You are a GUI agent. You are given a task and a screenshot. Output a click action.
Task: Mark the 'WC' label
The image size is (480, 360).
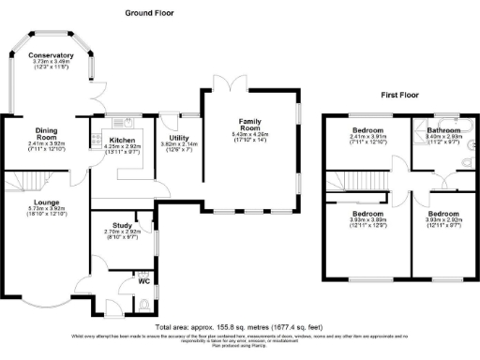click(143, 280)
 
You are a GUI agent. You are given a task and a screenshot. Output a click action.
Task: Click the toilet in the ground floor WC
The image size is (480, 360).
click(142, 302)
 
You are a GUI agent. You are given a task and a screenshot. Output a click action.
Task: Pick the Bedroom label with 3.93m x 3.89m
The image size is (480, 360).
click(366, 214)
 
